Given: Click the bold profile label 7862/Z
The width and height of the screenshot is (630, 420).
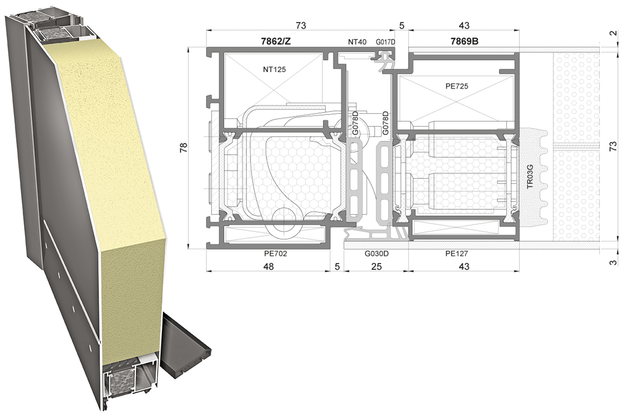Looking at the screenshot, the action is [276, 41].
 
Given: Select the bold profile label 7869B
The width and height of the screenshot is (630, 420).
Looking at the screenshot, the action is [464, 41].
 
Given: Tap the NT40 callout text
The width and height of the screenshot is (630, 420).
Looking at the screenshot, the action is [357, 42].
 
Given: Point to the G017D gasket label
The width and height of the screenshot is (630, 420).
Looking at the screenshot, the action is [385, 42].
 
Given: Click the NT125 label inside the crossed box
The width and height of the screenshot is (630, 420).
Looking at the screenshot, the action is [274, 69].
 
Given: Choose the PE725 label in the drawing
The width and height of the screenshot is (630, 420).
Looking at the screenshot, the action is [457, 86].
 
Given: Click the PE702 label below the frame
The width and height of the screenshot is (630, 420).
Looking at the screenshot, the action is [276, 254].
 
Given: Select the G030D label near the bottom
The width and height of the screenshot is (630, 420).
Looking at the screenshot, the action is [377, 254].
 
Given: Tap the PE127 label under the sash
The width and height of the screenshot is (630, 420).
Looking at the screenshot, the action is [457, 254].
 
